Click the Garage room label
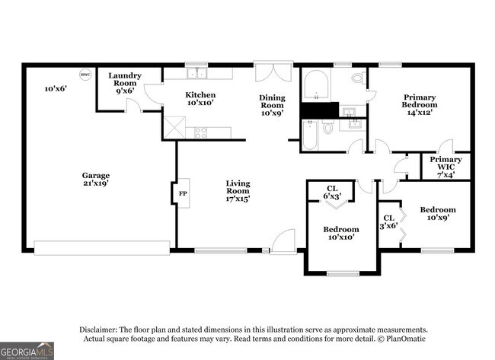click(96, 180)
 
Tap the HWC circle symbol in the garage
click(85, 75)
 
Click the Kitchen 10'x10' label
click(200, 98)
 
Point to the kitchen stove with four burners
click(202, 132)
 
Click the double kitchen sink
click(198, 74)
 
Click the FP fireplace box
click(182, 193)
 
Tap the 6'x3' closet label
click(332, 192)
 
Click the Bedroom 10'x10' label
click(340, 233)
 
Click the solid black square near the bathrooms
click(318, 110)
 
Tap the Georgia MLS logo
click(27, 350)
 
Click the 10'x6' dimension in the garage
click(55, 89)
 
